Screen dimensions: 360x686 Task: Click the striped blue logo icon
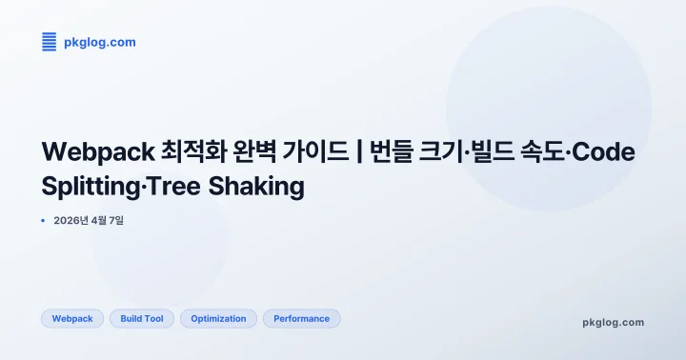(50, 42)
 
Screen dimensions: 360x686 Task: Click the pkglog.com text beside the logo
(100, 42)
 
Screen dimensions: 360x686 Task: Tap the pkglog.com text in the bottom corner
(613, 322)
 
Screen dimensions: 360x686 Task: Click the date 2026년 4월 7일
(89, 221)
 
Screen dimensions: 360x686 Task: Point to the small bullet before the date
(44, 221)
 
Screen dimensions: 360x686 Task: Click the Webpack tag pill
(72, 319)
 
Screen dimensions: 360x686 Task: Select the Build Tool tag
(142, 319)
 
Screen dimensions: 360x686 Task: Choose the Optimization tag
(218, 319)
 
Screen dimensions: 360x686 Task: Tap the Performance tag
(301, 319)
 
